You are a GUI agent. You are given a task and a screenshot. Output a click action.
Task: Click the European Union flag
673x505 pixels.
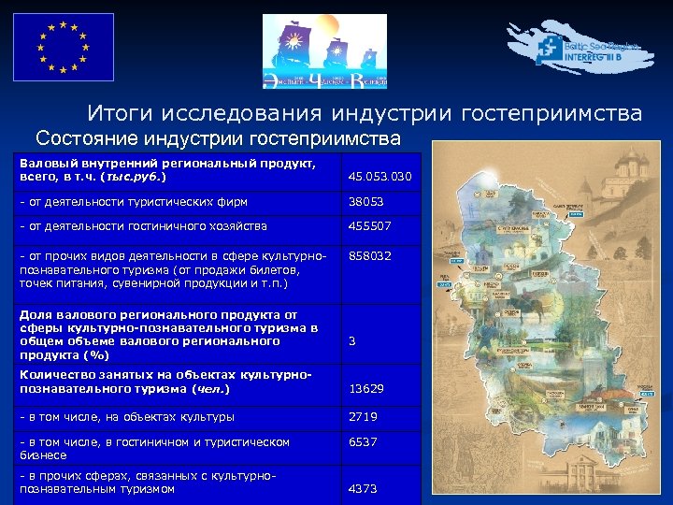point(63,47)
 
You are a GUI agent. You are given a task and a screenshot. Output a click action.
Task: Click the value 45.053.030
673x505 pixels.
point(379,176)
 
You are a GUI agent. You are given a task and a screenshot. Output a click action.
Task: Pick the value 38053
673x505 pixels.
point(366,201)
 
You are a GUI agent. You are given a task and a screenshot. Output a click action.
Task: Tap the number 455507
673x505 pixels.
point(369,225)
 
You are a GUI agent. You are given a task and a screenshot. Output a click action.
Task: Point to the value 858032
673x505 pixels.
point(369,255)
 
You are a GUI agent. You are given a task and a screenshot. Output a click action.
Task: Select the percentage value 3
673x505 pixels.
point(352,341)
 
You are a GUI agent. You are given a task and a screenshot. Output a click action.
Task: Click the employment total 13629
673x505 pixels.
point(366,388)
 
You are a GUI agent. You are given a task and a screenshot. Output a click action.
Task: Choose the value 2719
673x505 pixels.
point(364,417)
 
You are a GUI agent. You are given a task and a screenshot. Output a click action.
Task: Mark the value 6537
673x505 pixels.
point(364,442)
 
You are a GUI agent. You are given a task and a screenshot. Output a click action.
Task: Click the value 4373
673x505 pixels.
point(364,487)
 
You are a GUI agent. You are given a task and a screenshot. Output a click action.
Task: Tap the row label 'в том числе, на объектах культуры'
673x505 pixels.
point(127,417)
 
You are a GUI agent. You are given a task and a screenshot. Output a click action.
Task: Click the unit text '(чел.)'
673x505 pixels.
point(210,388)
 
